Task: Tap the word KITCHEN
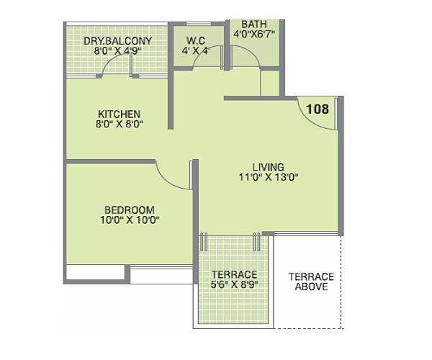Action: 120,114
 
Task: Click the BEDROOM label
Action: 130,210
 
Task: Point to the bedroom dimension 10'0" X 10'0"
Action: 130,221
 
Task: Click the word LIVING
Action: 268,166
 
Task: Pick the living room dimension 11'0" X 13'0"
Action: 268,177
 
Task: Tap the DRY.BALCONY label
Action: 117,41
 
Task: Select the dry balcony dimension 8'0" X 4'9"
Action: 117,52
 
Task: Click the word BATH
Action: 254,23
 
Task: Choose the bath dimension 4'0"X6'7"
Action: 254,34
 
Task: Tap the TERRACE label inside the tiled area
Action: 234,275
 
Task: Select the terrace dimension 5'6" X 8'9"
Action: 234,285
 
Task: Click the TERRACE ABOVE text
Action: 310,282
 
